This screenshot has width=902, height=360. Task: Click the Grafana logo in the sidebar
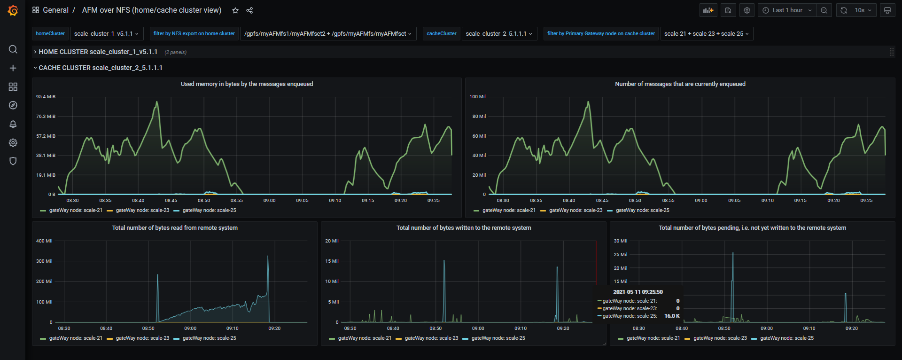pyautogui.click(x=13, y=10)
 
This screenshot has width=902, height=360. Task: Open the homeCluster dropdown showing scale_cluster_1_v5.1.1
pyautogui.click(x=106, y=34)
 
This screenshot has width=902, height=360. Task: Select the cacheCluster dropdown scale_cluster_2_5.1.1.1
pyautogui.click(x=499, y=34)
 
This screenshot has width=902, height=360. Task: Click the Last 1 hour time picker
pyautogui.click(x=787, y=10)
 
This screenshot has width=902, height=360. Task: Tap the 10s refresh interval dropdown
pyautogui.click(x=863, y=10)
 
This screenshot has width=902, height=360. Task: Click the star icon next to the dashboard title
pyautogui.click(x=235, y=10)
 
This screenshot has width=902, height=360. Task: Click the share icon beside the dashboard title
pyautogui.click(x=249, y=10)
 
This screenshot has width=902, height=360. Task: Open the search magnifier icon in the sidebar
pyautogui.click(x=13, y=49)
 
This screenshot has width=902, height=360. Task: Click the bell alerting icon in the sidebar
pyautogui.click(x=13, y=124)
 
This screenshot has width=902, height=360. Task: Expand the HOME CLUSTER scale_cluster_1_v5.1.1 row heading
pyautogui.click(x=98, y=52)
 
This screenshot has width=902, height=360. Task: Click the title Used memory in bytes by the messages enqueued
pyautogui.click(x=247, y=84)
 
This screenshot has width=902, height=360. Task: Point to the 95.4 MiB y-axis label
pyautogui.click(x=46, y=97)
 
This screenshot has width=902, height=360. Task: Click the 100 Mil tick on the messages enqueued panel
pyautogui.click(x=477, y=97)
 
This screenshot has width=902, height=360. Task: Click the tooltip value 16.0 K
pyautogui.click(x=672, y=316)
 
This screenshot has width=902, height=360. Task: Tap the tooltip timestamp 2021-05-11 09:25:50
pyautogui.click(x=638, y=292)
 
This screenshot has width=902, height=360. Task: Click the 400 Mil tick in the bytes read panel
pyautogui.click(x=44, y=241)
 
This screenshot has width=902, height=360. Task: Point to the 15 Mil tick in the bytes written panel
pyautogui.click(x=332, y=261)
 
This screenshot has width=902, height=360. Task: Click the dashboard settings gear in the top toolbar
pyautogui.click(x=747, y=10)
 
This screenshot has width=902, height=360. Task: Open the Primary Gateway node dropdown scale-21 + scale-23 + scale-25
pyautogui.click(x=706, y=34)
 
